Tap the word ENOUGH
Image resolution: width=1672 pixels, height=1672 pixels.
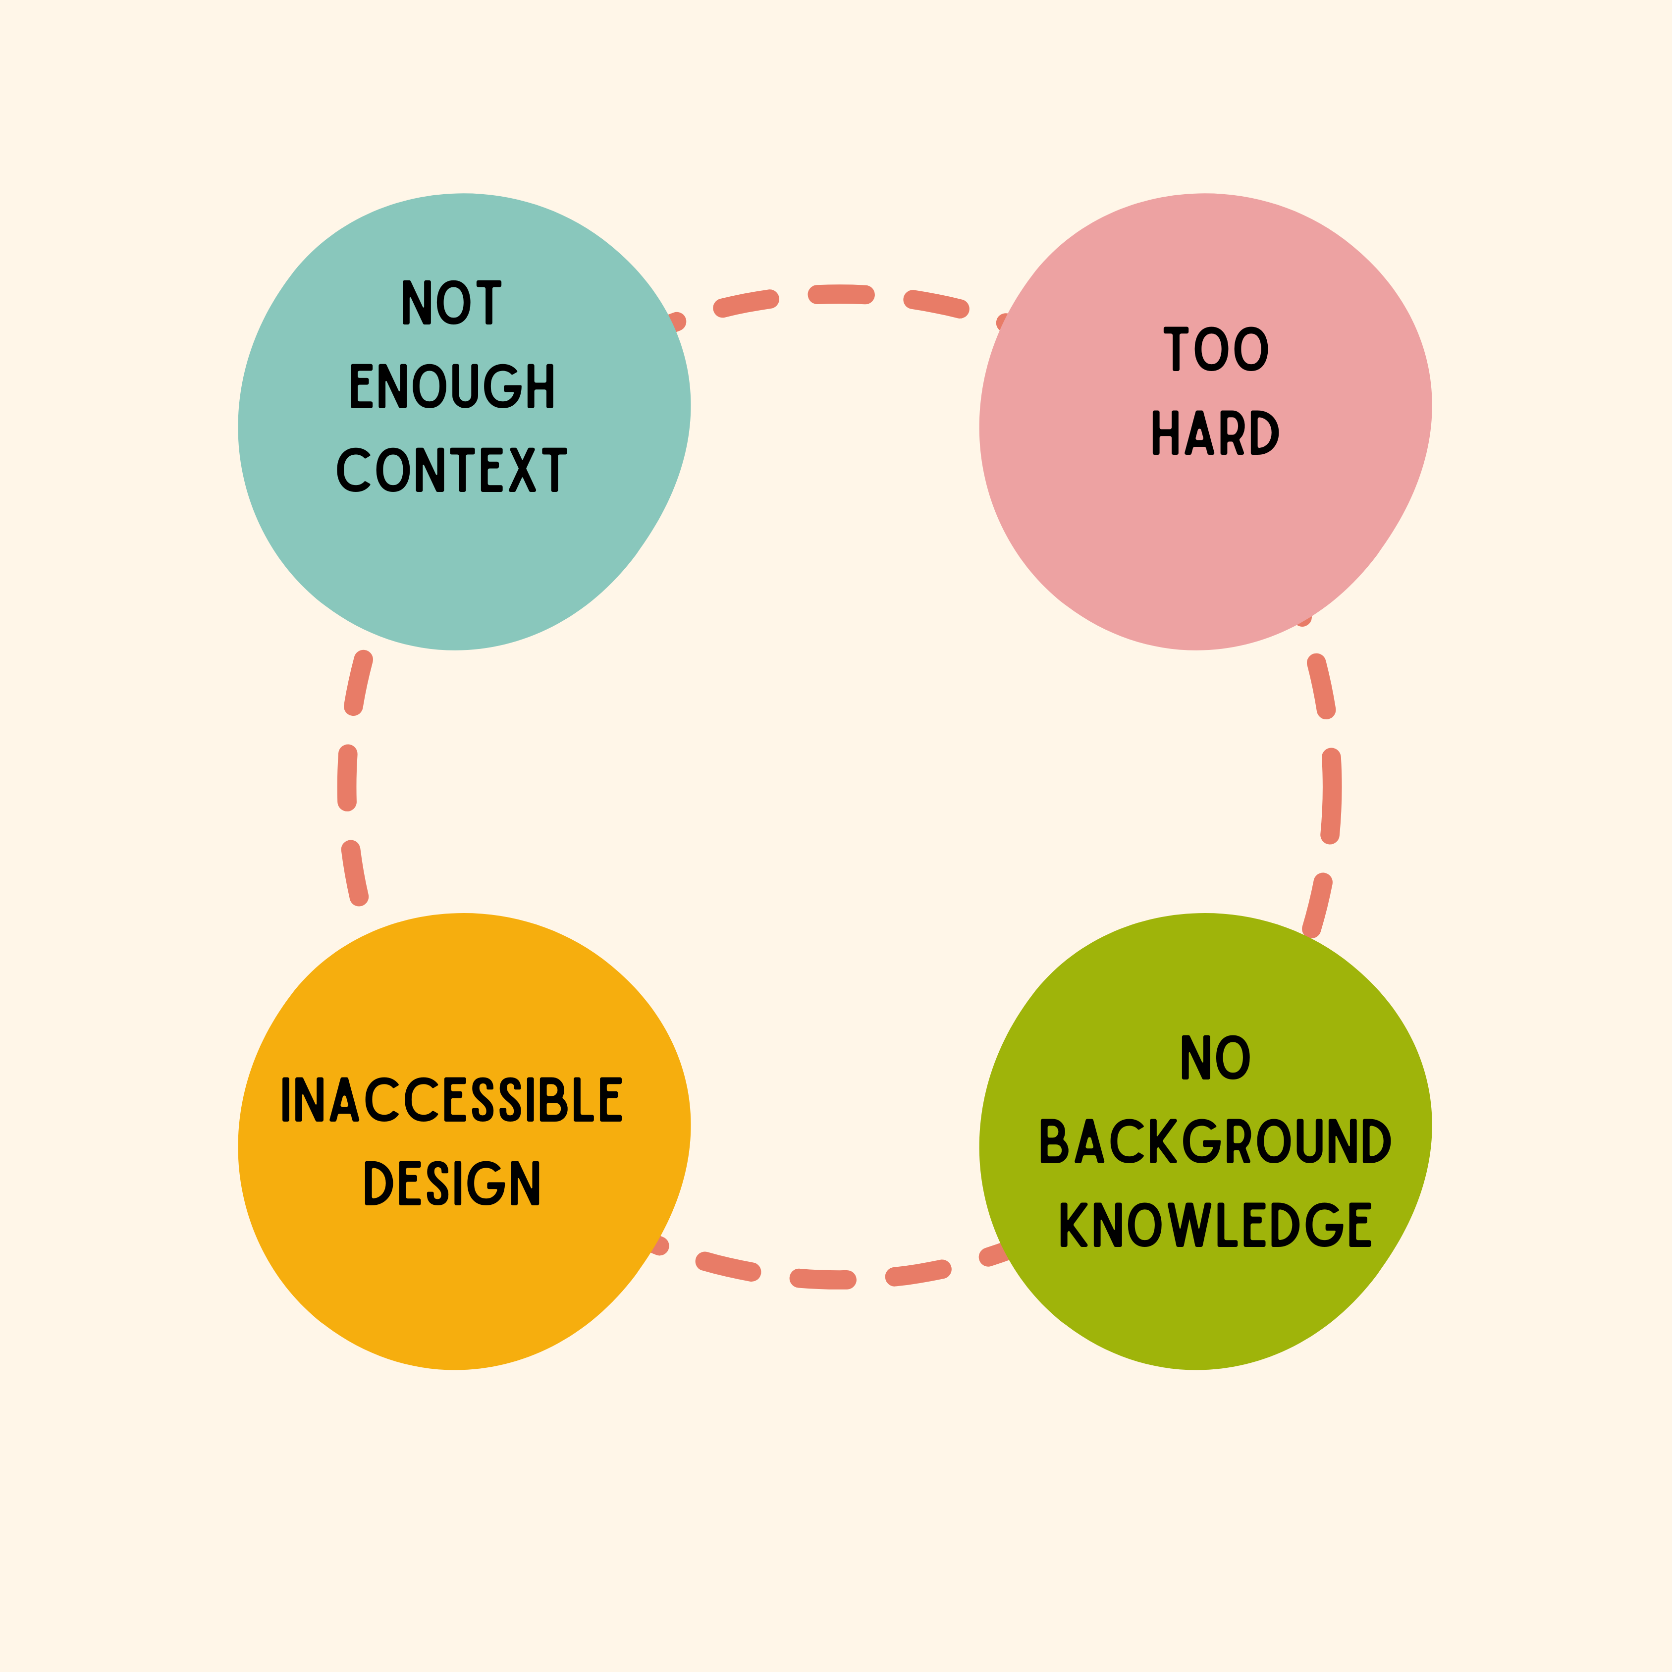[452, 385]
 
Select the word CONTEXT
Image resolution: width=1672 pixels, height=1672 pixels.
[452, 470]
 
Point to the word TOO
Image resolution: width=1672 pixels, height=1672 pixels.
[1216, 349]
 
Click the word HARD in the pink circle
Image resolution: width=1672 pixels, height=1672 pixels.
[1215, 432]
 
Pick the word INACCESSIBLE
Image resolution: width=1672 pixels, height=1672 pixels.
[452, 1099]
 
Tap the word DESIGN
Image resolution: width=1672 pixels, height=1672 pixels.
[452, 1183]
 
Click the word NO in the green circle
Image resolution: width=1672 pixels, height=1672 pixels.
[1216, 1058]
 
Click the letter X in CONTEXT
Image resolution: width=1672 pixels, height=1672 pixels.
[522, 470]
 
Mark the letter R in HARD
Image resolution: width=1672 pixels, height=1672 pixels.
[1233, 432]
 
